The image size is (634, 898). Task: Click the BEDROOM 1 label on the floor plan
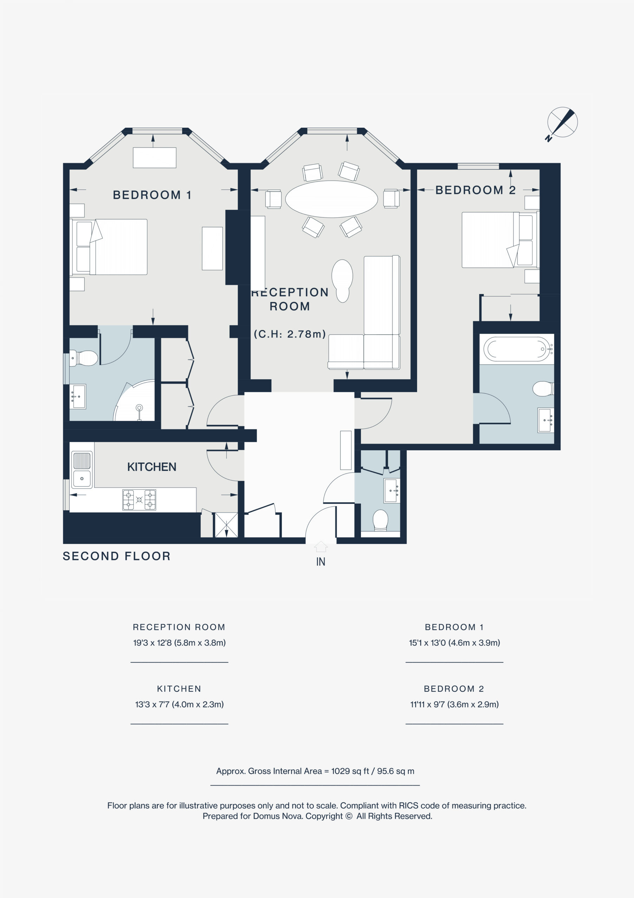point(152,195)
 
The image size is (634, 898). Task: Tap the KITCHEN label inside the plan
point(152,467)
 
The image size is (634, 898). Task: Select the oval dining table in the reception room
point(331,199)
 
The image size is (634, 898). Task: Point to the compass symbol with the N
point(562,123)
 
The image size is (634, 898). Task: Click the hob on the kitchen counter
point(139,500)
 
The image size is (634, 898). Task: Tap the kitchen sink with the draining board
point(82,470)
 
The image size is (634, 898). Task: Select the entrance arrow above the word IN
point(321,546)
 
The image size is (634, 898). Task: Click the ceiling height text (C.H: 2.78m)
point(290,334)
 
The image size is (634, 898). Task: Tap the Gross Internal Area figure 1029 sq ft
point(350,771)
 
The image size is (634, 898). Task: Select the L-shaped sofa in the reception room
point(364,313)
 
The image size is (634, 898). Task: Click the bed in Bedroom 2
point(501,240)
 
